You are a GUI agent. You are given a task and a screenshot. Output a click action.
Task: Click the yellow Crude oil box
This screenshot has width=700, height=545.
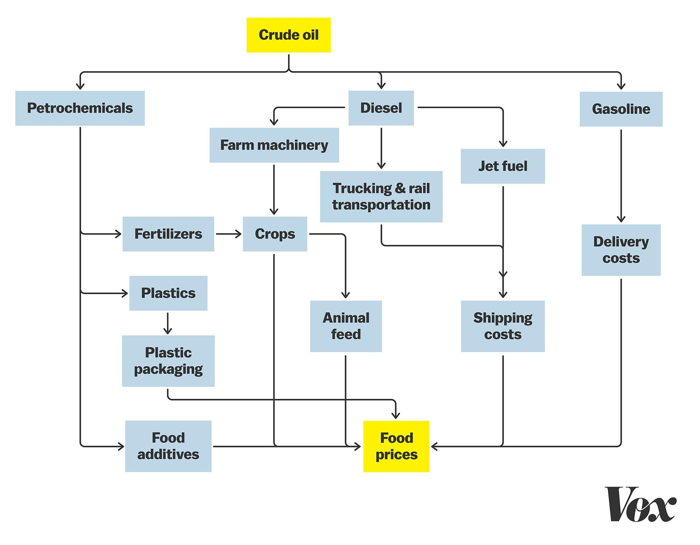[x=288, y=35]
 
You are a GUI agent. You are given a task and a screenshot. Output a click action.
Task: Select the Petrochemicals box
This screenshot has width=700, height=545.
[x=80, y=108]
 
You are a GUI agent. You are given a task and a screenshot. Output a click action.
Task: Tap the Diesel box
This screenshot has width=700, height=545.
[x=381, y=108]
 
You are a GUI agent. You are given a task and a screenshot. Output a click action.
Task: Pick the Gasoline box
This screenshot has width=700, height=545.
[x=621, y=109]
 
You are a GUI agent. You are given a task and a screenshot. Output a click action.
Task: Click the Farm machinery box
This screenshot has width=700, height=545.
[x=274, y=145]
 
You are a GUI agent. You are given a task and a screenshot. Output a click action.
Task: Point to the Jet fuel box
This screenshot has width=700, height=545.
[x=502, y=166]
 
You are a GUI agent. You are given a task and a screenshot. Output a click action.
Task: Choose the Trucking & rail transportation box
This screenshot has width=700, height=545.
[x=381, y=196]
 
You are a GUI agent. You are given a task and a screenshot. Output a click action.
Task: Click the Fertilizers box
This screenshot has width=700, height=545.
[x=168, y=234]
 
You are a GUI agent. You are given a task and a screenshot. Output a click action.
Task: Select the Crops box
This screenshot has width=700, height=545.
[x=275, y=234]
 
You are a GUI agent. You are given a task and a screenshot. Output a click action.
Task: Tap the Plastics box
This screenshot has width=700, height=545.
[x=168, y=293]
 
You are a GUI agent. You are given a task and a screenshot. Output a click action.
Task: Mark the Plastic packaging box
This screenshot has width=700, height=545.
[x=168, y=361]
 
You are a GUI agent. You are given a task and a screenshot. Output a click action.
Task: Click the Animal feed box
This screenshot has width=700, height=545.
[x=346, y=326]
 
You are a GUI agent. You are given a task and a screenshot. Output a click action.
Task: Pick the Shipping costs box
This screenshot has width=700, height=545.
[x=502, y=326]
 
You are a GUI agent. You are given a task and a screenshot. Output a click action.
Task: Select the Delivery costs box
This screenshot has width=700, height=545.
[x=621, y=250]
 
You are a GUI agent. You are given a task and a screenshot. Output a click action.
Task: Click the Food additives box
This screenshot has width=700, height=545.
[x=168, y=446]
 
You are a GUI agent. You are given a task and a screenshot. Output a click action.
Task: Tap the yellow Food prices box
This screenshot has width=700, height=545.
[x=396, y=446]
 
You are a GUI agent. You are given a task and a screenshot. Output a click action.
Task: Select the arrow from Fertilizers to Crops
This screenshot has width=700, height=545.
[x=228, y=234]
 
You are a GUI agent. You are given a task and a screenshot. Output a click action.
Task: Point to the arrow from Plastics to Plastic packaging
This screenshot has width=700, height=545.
[x=168, y=323]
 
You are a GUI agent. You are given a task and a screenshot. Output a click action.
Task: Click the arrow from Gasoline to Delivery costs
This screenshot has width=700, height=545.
[x=621, y=175]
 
